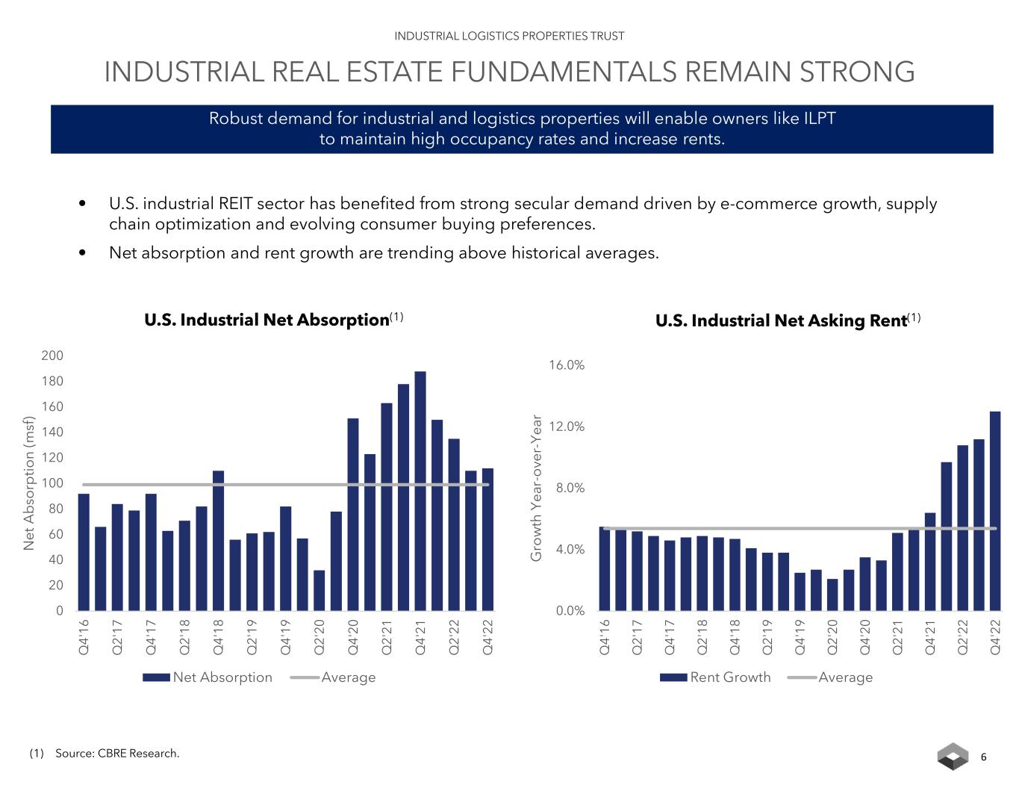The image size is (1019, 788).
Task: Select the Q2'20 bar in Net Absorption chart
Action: click(320, 591)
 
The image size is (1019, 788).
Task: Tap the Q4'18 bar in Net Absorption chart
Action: click(218, 541)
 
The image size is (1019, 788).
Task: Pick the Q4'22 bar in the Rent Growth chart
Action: click(995, 511)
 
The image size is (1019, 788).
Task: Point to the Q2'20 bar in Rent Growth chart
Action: click(832, 595)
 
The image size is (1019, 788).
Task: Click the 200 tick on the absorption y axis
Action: click(52, 356)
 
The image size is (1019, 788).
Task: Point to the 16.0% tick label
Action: click(567, 365)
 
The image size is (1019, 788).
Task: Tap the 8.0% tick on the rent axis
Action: click(569, 488)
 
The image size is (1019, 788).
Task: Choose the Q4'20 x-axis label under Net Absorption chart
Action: click(353, 637)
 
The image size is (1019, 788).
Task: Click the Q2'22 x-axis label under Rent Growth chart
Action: click(963, 637)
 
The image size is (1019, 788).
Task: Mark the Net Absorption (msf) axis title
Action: click(29, 483)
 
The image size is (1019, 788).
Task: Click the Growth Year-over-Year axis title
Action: click(536, 487)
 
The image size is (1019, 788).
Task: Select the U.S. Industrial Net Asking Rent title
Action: click(781, 321)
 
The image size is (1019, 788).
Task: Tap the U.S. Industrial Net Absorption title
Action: click(267, 320)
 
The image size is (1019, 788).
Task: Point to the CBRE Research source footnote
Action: click(116, 754)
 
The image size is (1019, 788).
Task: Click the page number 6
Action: click(983, 757)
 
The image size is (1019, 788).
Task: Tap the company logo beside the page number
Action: click(953, 757)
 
